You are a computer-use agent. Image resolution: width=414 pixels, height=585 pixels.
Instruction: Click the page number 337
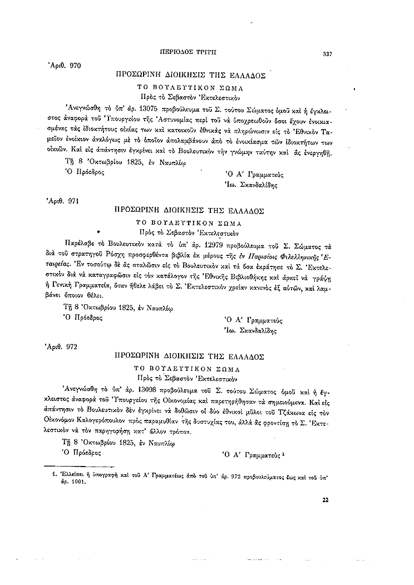coord(327,54)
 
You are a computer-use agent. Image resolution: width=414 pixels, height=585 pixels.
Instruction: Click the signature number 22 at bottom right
coord(326,499)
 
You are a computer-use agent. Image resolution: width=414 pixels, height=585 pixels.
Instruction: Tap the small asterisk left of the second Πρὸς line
coord(98,229)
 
